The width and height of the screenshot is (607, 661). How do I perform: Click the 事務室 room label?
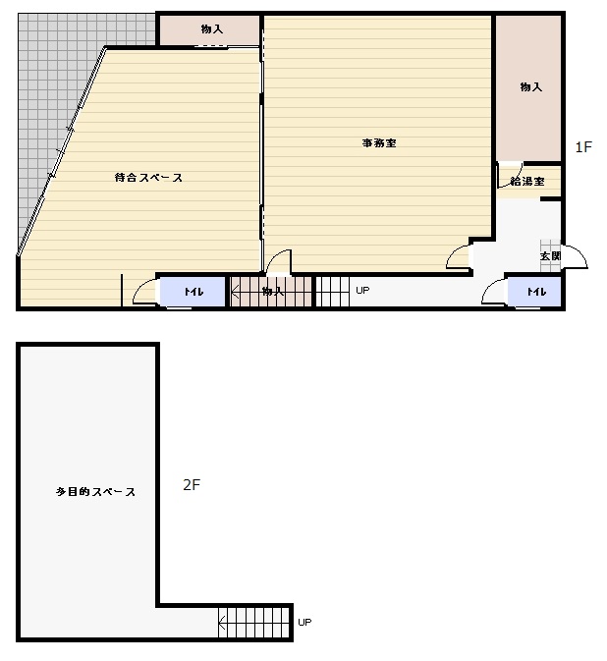coord(379,143)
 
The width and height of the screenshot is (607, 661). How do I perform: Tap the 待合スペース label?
coord(148,178)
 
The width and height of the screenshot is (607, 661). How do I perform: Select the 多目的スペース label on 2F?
coord(95,491)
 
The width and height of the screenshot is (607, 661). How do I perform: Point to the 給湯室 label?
coord(527,182)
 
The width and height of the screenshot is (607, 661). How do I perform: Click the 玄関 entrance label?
coord(550,256)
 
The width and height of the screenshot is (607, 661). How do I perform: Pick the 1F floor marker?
coord(583,147)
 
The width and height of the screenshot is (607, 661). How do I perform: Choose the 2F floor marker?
coord(192,485)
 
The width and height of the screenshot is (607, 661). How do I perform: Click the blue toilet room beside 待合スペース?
coord(193,292)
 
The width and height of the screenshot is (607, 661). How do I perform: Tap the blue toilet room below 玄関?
coord(534,292)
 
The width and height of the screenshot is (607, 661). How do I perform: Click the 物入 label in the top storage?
coord(211,29)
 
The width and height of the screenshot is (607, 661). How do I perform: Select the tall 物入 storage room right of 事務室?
coord(528,87)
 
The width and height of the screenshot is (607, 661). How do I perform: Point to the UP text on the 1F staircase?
coord(362,290)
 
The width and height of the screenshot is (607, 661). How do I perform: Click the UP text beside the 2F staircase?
coord(304,623)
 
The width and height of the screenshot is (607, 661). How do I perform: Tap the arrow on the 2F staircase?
coord(222,622)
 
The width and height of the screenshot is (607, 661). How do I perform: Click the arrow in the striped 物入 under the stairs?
coord(236,292)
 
